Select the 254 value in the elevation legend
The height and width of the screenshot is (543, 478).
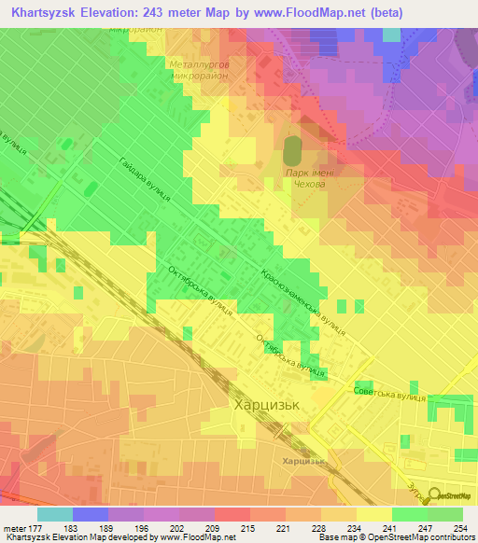click(456, 529)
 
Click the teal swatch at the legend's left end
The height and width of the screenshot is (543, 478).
click(55, 514)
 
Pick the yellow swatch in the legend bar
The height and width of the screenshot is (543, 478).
click(374, 514)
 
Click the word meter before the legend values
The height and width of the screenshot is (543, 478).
click(15, 529)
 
